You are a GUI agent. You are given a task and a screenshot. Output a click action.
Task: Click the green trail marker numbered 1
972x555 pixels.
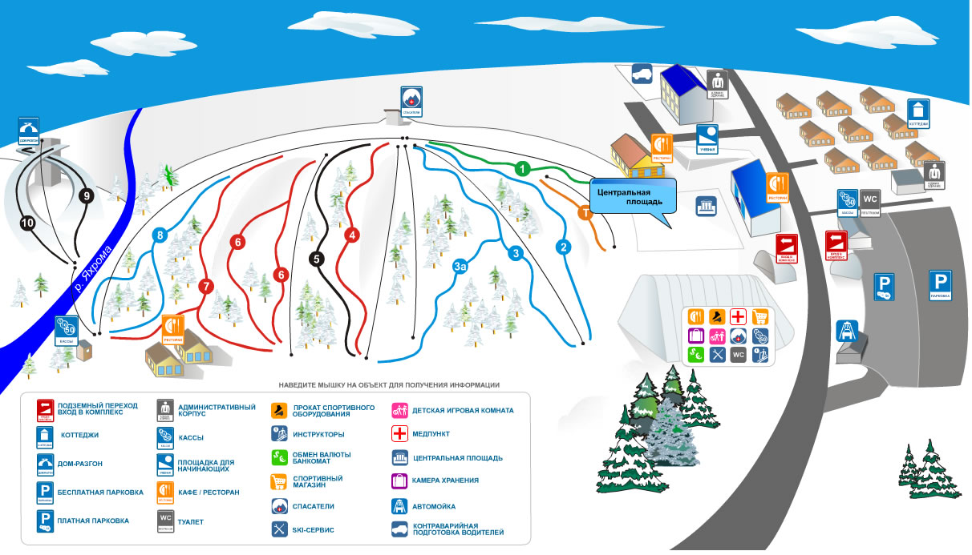tap(522, 169)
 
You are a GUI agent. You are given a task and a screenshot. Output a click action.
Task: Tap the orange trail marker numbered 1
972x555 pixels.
tap(585, 213)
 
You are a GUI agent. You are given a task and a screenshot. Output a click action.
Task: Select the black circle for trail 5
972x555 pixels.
tap(317, 259)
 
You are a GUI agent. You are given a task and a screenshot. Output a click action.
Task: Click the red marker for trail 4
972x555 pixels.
tap(351, 235)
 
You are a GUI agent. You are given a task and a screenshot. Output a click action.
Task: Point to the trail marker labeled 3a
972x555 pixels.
tap(460, 266)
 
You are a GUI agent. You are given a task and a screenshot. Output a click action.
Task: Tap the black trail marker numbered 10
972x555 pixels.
tap(29, 223)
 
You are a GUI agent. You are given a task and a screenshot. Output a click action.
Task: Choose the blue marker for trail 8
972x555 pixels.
tap(160, 235)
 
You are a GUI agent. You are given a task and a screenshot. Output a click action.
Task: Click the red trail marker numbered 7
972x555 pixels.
tap(206, 286)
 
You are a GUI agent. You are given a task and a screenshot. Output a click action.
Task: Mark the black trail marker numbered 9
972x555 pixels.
tap(87, 195)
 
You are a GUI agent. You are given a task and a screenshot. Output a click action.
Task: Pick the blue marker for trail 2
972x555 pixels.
tap(564, 247)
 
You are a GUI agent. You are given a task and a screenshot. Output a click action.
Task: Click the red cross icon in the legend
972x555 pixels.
tap(399, 434)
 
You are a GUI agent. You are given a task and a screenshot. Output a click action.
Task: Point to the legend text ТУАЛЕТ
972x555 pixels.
tap(191, 522)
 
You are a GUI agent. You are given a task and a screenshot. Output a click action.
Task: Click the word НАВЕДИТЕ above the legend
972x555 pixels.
tap(304, 385)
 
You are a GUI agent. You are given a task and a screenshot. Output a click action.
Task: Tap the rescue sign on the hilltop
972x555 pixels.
tap(411, 101)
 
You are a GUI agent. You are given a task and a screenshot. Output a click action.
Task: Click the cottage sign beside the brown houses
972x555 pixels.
tap(918, 113)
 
